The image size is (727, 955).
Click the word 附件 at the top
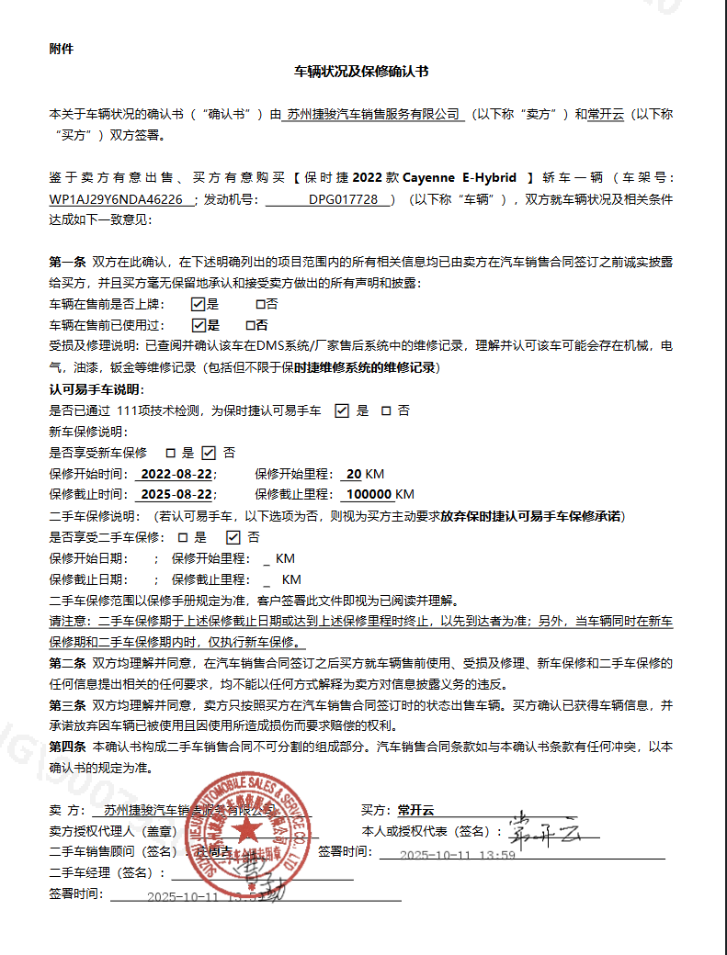pos(61,49)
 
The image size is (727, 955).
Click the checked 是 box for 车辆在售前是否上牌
pos(198,304)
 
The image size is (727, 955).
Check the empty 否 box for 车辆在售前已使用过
pos(250,325)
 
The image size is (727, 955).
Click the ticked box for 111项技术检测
pos(342,410)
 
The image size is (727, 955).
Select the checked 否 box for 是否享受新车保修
pos(209,453)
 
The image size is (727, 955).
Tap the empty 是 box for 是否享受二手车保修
pos(181,537)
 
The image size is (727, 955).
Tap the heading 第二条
pos(67,663)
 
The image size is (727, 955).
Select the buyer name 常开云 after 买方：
pos(415,811)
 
